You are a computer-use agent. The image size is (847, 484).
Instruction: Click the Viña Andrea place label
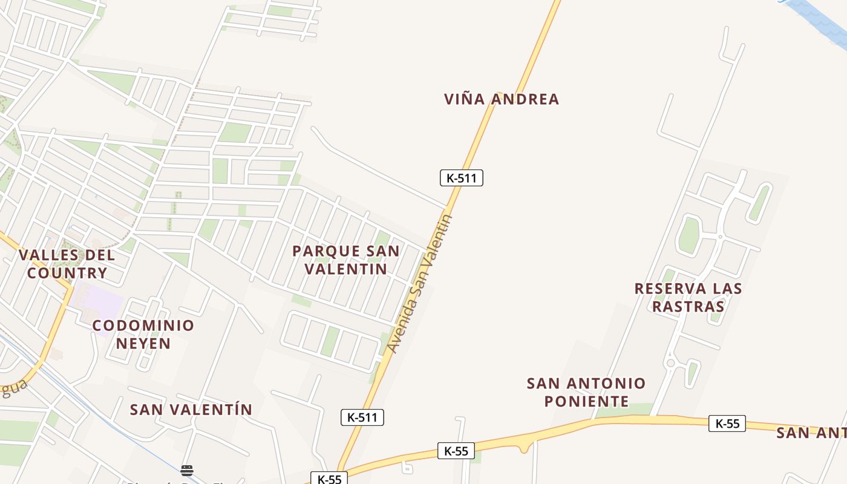pos(502,99)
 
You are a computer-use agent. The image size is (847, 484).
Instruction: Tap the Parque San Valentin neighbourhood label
pos(345,260)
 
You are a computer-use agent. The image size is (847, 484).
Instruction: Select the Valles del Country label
pos(67,264)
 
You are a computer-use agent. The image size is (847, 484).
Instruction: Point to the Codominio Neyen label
pos(143,335)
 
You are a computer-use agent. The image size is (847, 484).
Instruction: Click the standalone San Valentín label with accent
pos(191,410)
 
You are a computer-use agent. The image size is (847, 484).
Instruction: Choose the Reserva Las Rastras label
pos(688,297)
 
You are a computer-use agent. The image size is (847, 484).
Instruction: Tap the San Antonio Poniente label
pos(586,392)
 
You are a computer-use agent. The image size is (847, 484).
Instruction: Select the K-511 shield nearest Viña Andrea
pos(461,178)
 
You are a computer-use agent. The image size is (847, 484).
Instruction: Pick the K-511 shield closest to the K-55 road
pos(362,417)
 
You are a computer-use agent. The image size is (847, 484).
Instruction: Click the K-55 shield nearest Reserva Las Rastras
pos(727,423)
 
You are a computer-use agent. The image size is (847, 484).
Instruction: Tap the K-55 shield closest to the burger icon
pos(329,479)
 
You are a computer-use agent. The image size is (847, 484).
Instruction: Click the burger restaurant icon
pos(187,471)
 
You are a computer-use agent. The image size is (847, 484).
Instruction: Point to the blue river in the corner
pos(820,18)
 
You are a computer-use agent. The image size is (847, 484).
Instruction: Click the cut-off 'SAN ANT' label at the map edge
pos(811,433)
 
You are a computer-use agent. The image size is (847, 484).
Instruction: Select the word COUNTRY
pos(67,273)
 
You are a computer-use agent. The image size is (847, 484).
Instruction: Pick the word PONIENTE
pos(586,401)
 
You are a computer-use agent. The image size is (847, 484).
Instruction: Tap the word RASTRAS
pos(688,306)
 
